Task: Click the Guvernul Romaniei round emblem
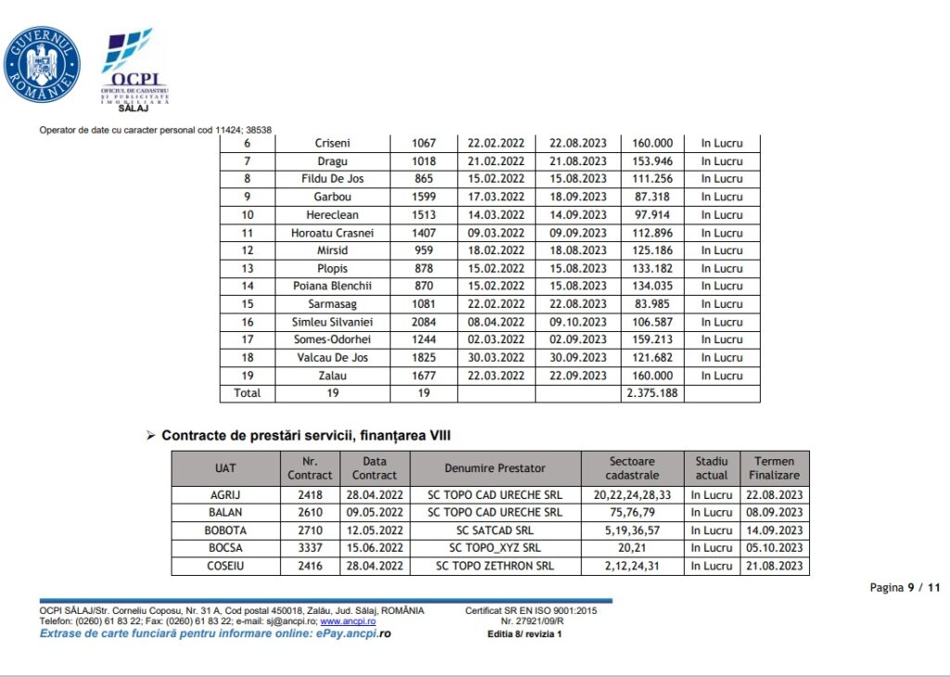[x=42, y=64]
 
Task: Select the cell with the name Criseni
[x=333, y=143]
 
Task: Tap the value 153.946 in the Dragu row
[x=652, y=161]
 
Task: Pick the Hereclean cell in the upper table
[x=333, y=215]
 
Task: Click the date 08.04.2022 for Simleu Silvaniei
[x=496, y=322]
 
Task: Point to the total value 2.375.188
[x=652, y=393]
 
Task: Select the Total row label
[x=247, y=393]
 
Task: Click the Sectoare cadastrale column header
[x=632, y=468]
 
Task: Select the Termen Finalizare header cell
[x=775, y=468]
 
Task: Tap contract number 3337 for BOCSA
[x=310, y=548]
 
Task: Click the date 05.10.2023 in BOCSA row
[x=775, y=548]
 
